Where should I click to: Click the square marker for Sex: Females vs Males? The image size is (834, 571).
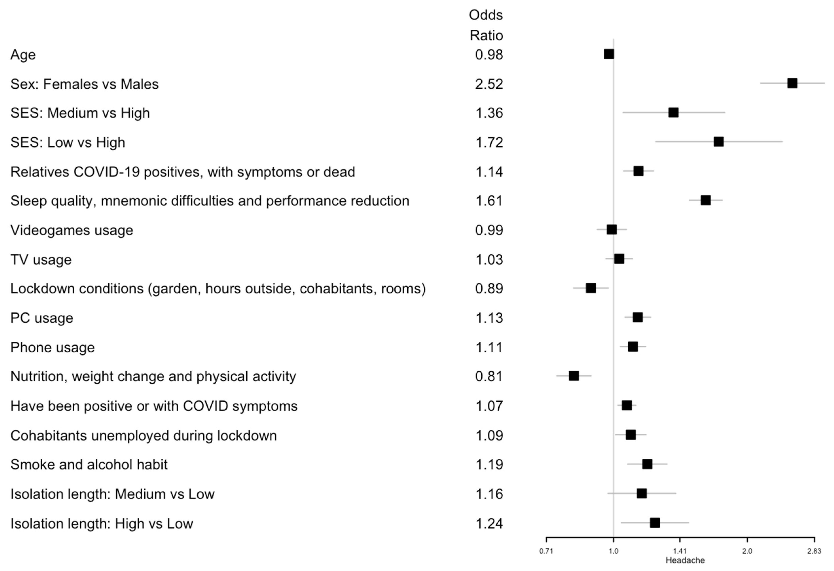coord(792,83)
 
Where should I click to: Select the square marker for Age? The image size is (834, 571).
coord(609,54)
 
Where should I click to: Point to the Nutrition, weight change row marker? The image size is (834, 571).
coord(574,376)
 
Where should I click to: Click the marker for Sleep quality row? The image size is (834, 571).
coord(705,200)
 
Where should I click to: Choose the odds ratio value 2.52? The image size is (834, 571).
coord(489,84)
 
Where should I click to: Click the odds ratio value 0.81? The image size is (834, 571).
coord(489,376)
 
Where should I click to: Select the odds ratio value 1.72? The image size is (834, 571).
coord(489,143)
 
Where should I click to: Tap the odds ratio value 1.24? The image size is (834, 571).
coord(489,524)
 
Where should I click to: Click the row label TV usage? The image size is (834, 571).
coord(41,260)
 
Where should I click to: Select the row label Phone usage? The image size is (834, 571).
coord(52,347)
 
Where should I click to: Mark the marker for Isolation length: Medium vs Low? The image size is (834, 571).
coord(642,493)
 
